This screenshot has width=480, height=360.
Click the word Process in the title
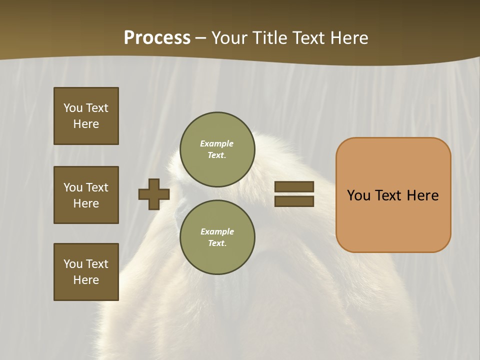tap(157, 38)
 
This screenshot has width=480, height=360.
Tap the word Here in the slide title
tap(348, 38)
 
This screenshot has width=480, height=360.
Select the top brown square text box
tap(86, 116)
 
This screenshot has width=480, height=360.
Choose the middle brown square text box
tap(86, 195)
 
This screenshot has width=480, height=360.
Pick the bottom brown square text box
tap(86, 272)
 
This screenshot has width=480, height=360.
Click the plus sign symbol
tap(154, 194)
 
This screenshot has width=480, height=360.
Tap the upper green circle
tap(217, 149)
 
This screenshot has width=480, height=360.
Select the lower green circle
tap(217, 237)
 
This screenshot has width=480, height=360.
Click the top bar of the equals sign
tap(294, 187)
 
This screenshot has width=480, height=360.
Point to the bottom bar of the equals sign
tap(294, 201)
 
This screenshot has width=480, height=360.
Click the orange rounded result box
tap(393, 195)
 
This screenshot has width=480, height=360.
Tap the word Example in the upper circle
tap(217, 143)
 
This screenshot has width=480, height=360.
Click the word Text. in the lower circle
tap(217, 243)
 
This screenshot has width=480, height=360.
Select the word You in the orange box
tap(358, 195)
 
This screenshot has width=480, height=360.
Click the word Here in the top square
tap(86, 124)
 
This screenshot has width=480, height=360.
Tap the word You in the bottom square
tap(73, 264)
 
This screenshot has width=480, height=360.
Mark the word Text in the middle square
tap(97, 187)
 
